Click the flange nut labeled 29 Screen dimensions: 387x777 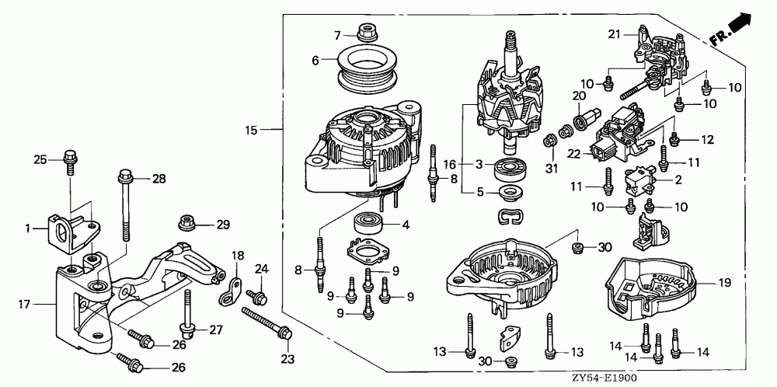187,224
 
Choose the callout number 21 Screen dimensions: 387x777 615,34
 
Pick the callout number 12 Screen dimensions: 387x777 706,140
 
